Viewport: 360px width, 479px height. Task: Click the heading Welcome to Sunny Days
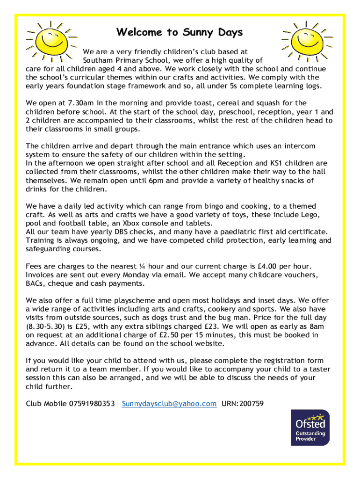[x=180, y=32]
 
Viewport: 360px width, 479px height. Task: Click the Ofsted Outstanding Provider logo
[x=310, y=428]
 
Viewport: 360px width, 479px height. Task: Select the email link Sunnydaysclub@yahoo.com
[x=169, y=404]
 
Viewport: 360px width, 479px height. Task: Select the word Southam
[x=96, y=60]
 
